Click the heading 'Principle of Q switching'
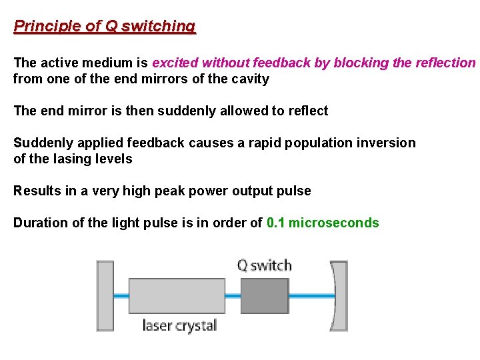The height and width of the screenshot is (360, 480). pos(105,27)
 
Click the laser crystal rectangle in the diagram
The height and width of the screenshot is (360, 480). pos(177,296)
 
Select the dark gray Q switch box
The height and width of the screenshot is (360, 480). pos(264,296)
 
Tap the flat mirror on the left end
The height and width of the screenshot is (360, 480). pos(105,296)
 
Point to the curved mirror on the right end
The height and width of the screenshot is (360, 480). pos(339,296)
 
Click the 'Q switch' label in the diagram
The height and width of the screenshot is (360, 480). pos(265,265)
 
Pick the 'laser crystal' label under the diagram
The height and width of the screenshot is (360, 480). pos(179,326)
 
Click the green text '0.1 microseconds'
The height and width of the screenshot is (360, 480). pos(323,223)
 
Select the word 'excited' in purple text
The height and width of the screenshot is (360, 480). pos(175,63)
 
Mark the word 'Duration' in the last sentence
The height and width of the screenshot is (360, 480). pos(39,223)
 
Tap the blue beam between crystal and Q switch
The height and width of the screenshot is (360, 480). pos(232,296)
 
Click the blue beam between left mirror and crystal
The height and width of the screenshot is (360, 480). pos(121,296)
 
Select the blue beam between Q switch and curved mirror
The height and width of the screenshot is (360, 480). pos(310,296)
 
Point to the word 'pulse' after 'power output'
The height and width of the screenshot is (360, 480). pos(295,191)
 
